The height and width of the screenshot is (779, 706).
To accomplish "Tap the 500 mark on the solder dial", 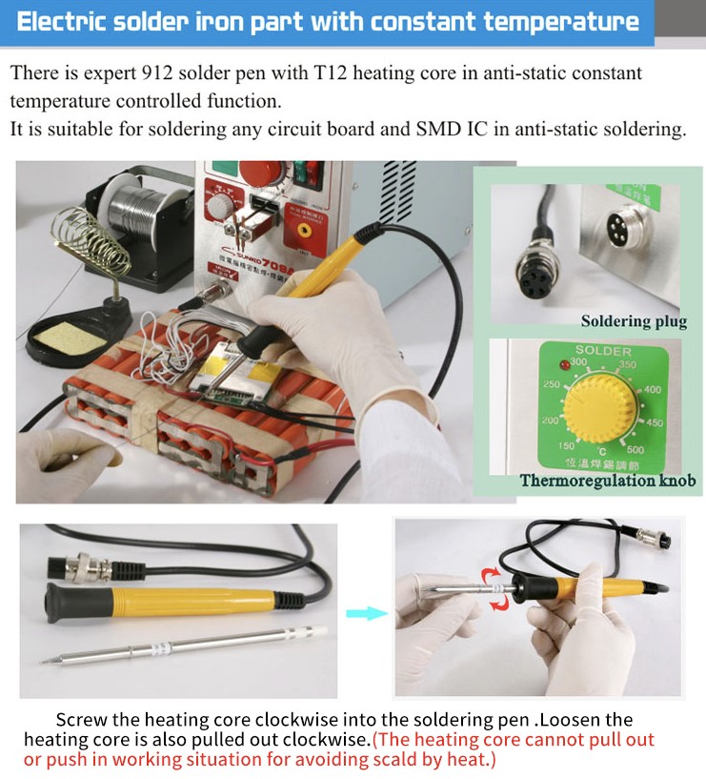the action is coord(635,450).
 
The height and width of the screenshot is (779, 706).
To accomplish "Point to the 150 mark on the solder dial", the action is coord(566,445).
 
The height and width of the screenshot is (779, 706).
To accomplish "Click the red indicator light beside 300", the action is coord(564,365).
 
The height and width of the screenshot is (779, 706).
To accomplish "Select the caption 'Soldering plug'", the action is coord(634,321).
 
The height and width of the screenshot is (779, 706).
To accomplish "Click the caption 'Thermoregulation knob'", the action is coord(608,481).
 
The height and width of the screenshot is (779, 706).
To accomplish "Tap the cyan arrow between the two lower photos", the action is coord(367,613).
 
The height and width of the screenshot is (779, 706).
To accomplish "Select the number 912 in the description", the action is coord(157,73).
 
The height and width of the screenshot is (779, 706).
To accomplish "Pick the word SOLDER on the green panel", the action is coord(603,351).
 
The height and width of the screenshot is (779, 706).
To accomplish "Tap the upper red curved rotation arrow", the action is coord(491,576).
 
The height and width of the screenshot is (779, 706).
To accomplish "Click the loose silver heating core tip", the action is coord(184,646).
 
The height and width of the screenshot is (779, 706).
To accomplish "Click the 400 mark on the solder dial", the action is coord(653,390).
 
